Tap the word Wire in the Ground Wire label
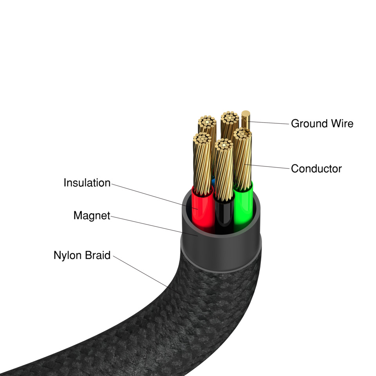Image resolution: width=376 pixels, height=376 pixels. click(341, 124)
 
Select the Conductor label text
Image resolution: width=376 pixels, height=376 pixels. click(316, 169)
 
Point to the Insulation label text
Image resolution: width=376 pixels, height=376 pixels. click(87, 183)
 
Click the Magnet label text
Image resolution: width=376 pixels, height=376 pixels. click(92, 215)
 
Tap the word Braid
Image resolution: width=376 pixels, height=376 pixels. click(98, 255)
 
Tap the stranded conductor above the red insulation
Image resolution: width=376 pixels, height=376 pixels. click(202, 164)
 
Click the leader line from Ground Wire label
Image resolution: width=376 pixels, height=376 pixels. click(270, 123)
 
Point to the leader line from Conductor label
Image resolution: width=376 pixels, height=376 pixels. click(270, 167)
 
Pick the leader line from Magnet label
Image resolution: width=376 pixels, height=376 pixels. click(153, 225)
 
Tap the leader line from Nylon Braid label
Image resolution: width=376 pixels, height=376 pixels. click(145, 274)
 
